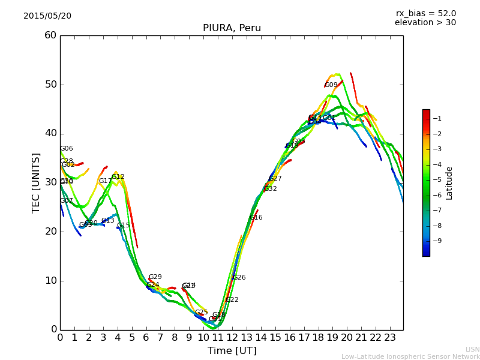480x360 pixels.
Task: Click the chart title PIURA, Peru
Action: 232,28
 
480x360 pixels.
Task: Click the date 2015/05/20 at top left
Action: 47,16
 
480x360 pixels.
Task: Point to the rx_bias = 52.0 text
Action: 425,13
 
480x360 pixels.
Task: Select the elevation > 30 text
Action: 425,23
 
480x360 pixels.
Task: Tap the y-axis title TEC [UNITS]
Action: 36,182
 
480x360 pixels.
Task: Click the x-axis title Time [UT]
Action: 232,351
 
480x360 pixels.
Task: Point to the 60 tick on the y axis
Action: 50,35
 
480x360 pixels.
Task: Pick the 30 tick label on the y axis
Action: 50,182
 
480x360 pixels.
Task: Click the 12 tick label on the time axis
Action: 232,337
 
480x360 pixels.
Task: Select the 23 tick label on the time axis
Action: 390,337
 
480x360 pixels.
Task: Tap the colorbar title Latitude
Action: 449,183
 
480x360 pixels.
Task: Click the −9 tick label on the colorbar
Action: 437,241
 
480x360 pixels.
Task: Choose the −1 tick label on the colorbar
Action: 437,118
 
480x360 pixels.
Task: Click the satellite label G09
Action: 331,85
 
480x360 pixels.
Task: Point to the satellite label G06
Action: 66,149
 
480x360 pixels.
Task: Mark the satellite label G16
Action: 256,218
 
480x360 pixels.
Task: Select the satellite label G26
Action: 239,278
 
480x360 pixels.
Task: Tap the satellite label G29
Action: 155,277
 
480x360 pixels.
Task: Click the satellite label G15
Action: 124,226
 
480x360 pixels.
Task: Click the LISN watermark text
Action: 472,349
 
